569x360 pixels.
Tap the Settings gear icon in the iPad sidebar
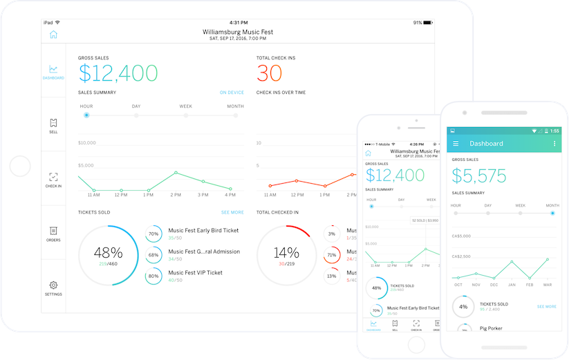[53, 285]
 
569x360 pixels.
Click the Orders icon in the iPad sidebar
[53, 231]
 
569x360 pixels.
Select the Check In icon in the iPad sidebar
[53, 178]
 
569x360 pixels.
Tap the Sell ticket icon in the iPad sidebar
[53, 123]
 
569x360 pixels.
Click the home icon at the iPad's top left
[53, 35]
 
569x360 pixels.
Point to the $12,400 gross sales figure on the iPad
[118, 73]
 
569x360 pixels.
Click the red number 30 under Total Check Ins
[270, 73]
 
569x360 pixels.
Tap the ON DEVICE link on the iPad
[232, 92]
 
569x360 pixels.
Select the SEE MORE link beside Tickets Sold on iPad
[232, 212]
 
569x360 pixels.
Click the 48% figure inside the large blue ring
[109, 252]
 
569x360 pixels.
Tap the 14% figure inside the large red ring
[287, 252]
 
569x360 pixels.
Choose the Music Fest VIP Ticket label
[195, 272]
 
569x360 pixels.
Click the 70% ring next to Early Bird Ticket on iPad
[153, 234]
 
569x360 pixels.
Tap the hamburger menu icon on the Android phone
[456, 144]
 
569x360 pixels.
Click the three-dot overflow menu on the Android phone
[554, 144]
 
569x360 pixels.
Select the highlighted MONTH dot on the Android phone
[553, 214]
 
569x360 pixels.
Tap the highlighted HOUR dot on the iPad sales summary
[86, 115]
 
